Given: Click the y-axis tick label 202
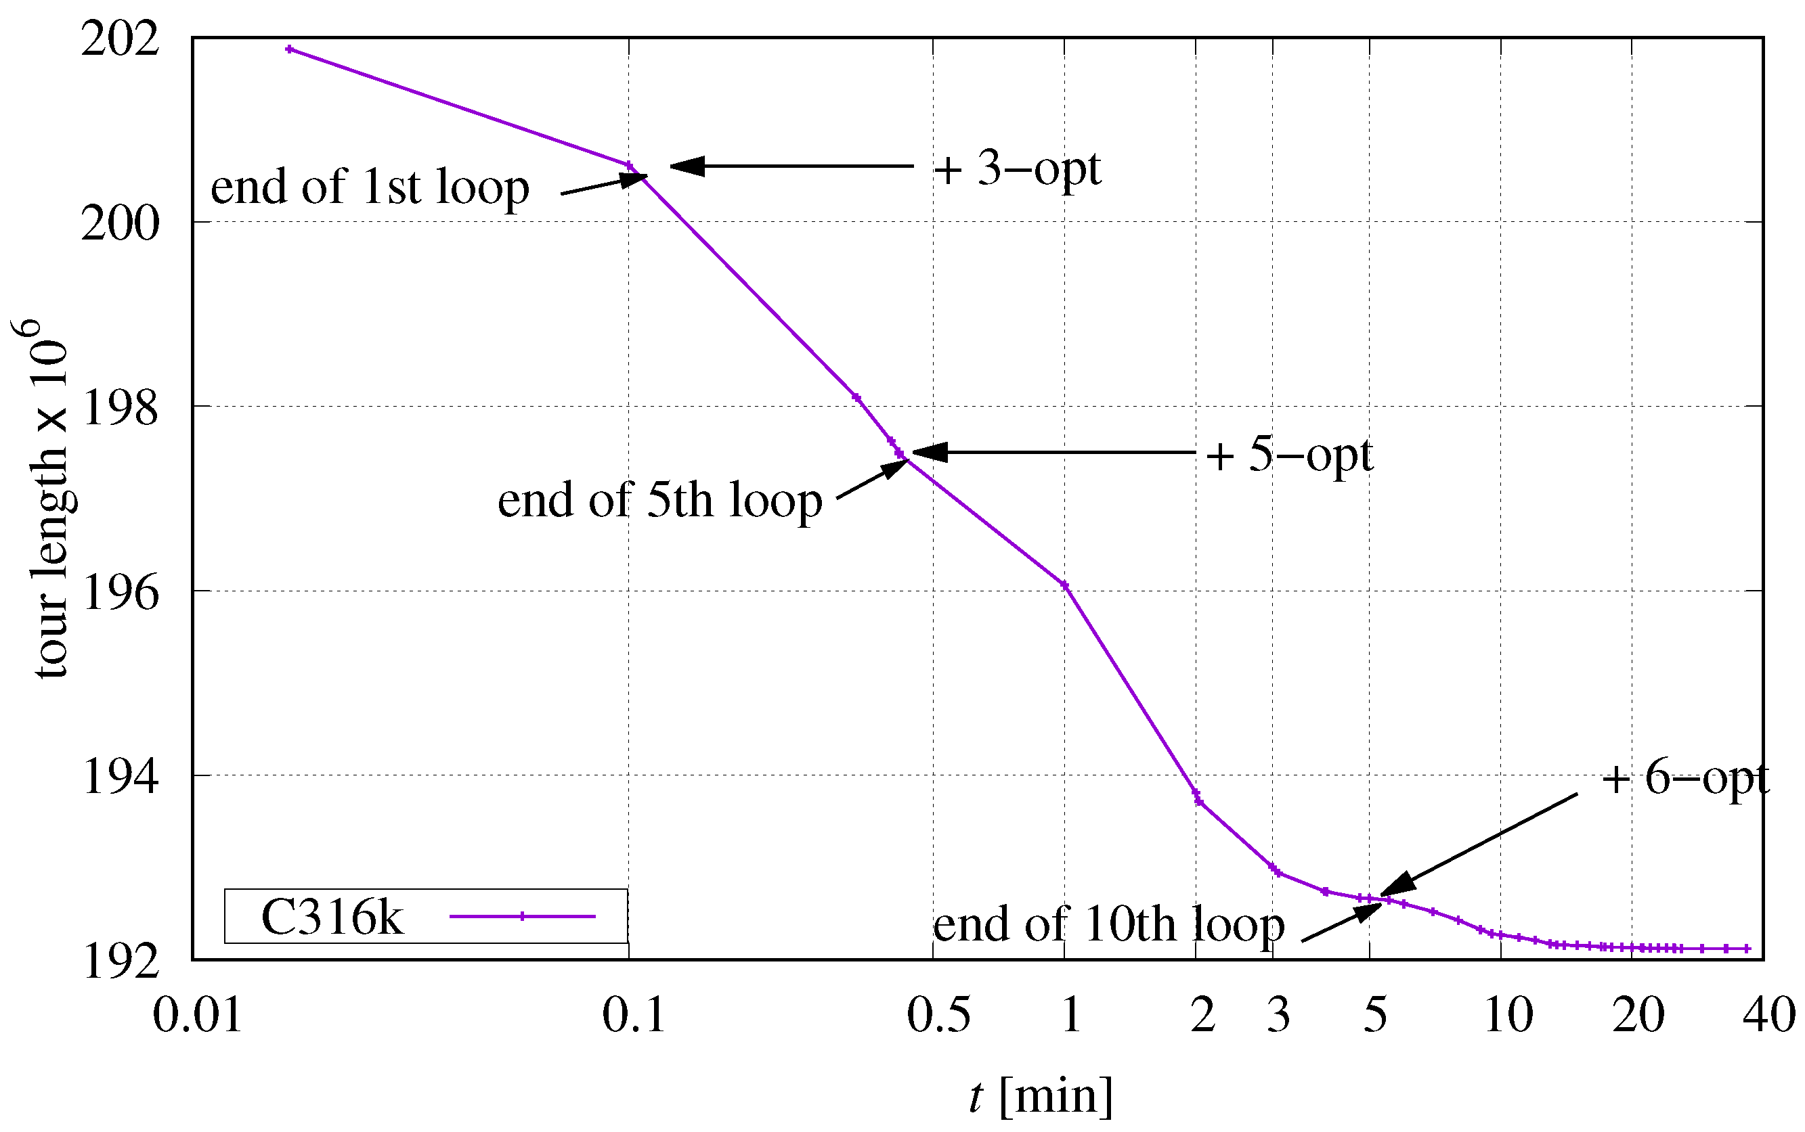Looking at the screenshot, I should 120,39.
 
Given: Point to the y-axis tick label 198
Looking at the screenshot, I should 120,409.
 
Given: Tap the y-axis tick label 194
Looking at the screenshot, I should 120,777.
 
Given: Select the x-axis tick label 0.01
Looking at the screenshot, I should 197,1016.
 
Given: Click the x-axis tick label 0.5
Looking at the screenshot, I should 938,1016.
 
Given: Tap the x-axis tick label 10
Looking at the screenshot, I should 1508,1016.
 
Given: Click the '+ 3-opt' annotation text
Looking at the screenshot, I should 1017,170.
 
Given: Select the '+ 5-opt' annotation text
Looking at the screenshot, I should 1289,456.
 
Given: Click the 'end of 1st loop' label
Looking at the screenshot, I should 369,187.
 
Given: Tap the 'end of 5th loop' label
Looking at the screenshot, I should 659,501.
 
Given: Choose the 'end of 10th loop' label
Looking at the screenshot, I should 1108,926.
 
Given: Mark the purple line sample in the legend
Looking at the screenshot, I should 522,916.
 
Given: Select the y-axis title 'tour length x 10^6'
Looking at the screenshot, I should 45,500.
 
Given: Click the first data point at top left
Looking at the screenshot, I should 290,49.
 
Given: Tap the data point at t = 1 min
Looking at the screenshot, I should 1064,585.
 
